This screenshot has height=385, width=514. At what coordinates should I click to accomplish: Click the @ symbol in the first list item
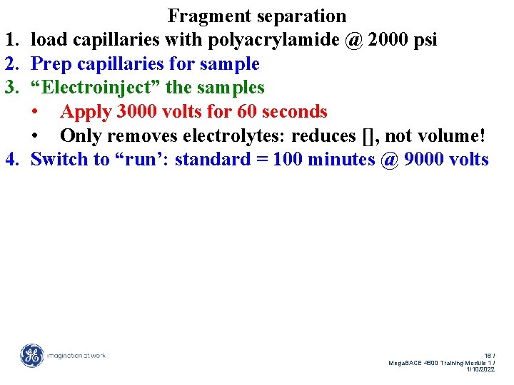353,41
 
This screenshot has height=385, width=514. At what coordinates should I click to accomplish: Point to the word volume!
453,135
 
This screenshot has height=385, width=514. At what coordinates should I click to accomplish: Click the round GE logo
31,355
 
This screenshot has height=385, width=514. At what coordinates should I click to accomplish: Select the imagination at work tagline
76,355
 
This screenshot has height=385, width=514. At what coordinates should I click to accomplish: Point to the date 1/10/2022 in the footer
480,369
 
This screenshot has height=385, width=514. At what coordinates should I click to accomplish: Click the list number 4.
11,159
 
